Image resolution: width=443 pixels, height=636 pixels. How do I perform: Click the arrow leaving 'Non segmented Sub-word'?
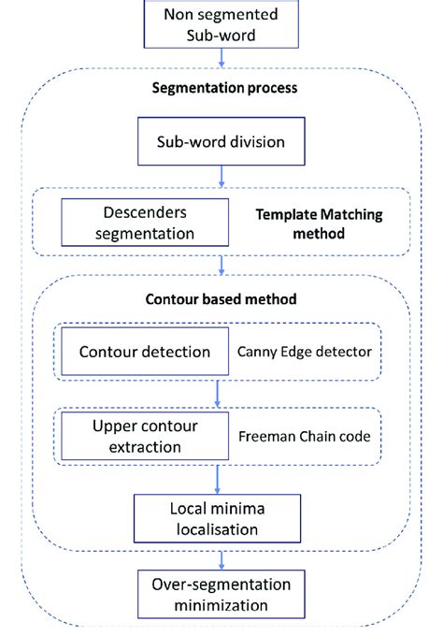click(x=221, y=58)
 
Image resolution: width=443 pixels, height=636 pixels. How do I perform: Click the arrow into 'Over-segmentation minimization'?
click(x=221, y=560)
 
